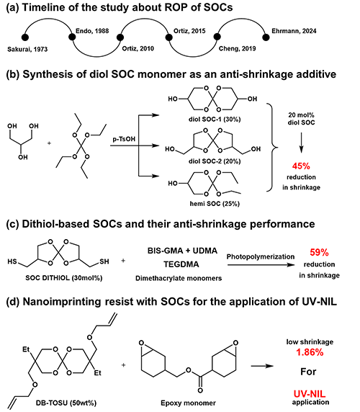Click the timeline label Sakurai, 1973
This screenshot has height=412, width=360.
[27, 49]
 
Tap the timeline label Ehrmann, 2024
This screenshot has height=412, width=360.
[294, 31]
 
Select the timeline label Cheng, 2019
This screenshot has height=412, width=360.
[238, 48]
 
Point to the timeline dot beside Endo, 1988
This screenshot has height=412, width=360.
[72, 37]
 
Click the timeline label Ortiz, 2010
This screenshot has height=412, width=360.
[138, 48]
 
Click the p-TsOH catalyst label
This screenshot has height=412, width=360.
[124, 139]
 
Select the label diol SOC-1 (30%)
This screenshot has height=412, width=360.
[215, 119]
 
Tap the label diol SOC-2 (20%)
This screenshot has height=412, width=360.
[215, 161]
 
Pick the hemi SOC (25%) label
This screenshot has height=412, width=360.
[215, 204]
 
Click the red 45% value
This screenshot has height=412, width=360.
[301, 166]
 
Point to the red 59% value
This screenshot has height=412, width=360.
[319, 253]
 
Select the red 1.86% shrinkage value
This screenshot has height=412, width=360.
[310, 352]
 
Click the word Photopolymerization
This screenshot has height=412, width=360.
[261, 256]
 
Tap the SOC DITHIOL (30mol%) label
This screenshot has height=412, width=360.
[64, 278]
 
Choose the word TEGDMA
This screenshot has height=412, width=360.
[181, 264]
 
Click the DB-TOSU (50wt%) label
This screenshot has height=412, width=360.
[66, 403]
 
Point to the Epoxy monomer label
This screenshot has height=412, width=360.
[188, 403]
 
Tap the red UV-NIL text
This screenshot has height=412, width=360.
[310, 394]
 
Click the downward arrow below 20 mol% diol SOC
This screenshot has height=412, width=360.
[301, 143]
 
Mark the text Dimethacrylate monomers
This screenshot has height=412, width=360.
[179, 278]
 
